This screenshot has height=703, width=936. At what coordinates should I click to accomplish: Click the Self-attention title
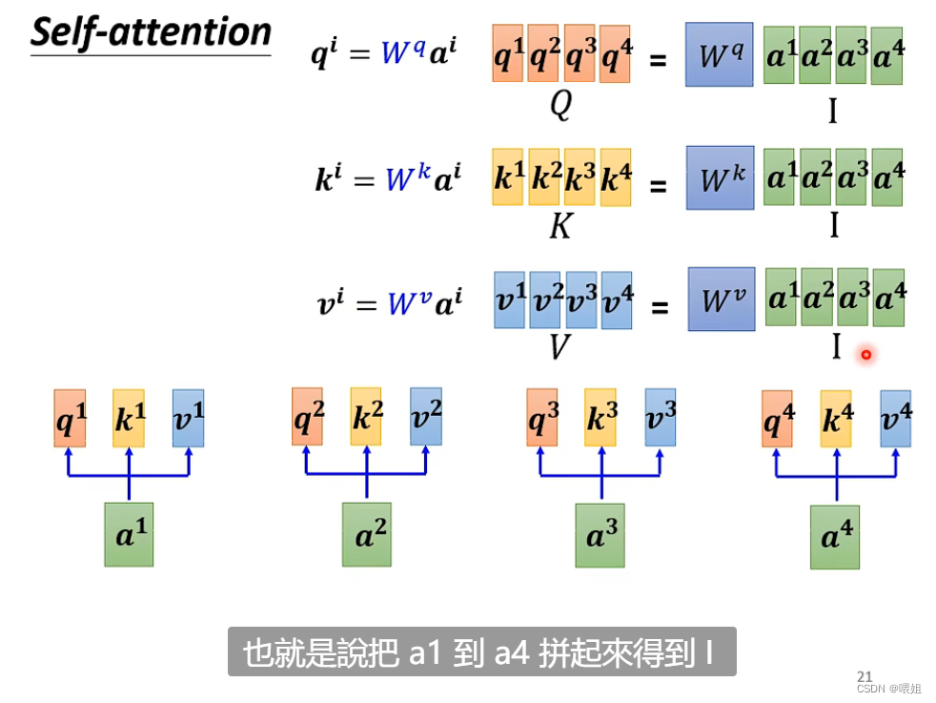coord(151,32)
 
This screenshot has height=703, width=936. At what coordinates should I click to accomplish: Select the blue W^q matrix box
coord(719,55)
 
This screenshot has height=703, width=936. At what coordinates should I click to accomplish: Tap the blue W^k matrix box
coord(720,178)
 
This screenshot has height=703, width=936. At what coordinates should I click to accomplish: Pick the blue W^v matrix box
coord(722,300)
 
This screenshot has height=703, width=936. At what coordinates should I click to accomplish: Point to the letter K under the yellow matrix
coord(560,227)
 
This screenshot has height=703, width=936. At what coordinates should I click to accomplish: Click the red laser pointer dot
coord(866,355)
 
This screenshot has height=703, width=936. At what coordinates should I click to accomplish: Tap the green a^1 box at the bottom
coord(128,535)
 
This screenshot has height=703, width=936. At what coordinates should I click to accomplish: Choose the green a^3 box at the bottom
coord(600,536)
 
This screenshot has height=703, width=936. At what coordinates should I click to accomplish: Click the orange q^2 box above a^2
coord(307,417)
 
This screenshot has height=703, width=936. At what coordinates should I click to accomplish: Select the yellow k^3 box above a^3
coord(600,418)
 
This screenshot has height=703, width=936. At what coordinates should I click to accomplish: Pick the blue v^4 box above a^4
coord(895,419)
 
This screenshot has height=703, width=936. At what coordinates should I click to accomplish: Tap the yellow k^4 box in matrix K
coord(616,177)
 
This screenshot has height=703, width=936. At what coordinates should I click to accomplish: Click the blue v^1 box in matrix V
coord(510,300)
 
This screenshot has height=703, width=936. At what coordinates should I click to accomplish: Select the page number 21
coord(865,675)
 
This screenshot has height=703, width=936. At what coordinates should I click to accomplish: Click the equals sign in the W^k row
coord(658,185)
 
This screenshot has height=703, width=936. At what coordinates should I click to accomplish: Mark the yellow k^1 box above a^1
coord(129,418)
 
